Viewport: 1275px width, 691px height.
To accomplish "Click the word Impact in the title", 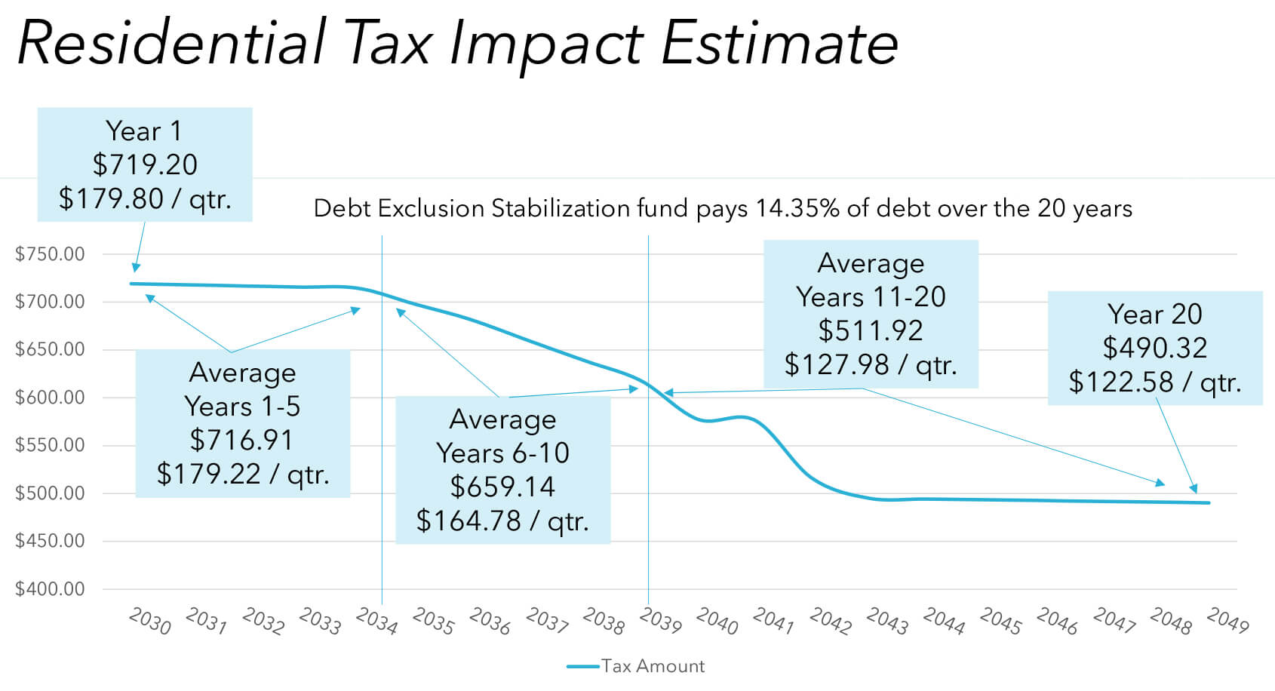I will (x=545, y=43).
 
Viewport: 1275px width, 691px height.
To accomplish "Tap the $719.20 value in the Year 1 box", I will (x=145, y=164).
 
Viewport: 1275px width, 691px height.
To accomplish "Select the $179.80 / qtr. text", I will (x=145, y=198).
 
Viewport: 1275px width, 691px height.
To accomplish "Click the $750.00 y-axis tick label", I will (x=50, y=254).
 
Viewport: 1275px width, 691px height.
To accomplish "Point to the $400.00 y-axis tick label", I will (x=50, y=589).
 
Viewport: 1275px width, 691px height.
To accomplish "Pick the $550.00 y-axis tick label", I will (x=50, y=445).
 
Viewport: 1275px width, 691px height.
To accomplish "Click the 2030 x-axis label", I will (x=149, y=622).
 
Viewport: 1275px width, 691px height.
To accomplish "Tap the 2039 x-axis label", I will (x=660, y=622).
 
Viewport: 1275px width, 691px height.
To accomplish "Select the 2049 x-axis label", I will (x=1227, y=622).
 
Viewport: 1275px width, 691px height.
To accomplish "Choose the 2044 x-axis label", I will (x=944, y=622).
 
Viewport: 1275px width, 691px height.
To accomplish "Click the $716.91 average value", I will (x=241, y=440).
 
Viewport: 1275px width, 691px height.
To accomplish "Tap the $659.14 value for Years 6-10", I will (x=502, y=487).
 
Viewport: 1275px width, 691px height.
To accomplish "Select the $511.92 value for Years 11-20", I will (x=871, y=330).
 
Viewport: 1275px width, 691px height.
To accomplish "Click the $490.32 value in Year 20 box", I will (x=1154, y=348).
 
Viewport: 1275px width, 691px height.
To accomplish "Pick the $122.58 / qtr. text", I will (x=1154, y=382).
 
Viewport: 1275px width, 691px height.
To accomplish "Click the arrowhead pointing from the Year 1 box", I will (x=136, y=267).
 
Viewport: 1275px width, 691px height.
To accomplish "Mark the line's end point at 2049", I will (x=1209, y=503).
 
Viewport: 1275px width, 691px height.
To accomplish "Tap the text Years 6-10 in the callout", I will (x=502, y=453).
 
